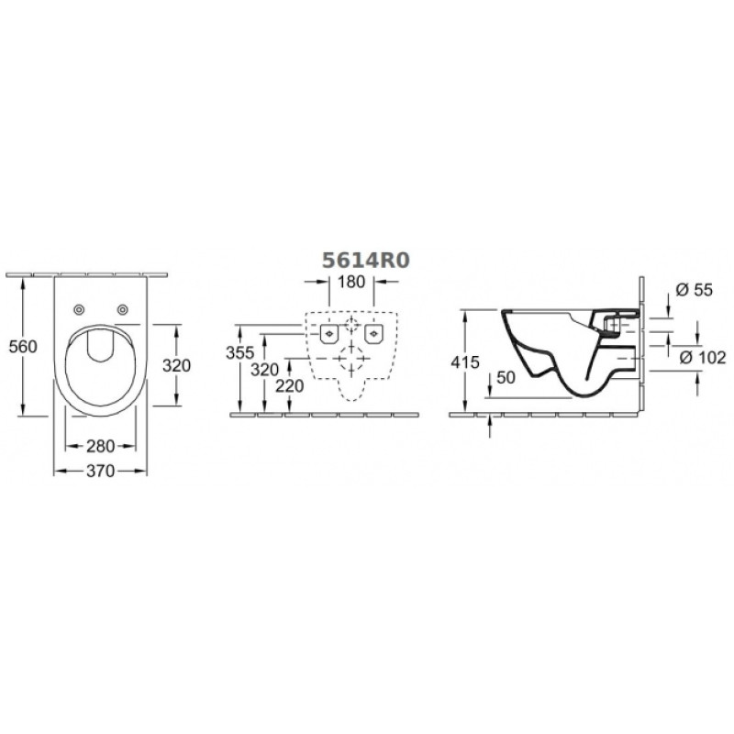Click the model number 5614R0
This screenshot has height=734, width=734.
coord(365,261)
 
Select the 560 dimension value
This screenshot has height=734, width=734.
coord(23,347)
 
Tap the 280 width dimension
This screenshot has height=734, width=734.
coord(100,446)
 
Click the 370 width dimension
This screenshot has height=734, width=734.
coord(100,471)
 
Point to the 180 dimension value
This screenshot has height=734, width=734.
coord(351,282)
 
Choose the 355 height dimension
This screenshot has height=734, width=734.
coord(239,352)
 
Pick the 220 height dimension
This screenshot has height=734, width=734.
coord(289,386)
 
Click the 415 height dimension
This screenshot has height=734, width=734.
coord(465,361)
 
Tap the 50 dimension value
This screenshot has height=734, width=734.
coord(506,377)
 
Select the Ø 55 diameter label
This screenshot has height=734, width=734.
coord(695,290)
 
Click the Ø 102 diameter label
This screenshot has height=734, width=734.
coord(702,358)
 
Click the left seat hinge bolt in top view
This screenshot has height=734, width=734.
coord(79,309)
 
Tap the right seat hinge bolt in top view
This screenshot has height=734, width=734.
coord(122,309)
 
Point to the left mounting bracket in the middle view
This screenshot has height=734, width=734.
coord(329,333)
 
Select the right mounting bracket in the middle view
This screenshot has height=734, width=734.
coord(373,333)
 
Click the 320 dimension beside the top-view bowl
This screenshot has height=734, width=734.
coord(176,365)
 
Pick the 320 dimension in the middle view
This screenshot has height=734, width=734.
coord(264,370)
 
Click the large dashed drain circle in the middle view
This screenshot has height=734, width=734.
coord(351,358)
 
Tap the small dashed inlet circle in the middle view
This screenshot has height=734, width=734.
coord(351,324)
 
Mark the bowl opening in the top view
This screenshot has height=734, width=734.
coord(100,370)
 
